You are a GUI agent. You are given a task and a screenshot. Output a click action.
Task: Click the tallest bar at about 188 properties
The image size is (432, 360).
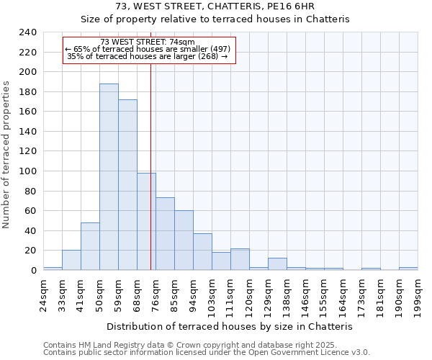point(109,177)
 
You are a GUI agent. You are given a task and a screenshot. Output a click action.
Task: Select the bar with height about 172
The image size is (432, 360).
point(127,185)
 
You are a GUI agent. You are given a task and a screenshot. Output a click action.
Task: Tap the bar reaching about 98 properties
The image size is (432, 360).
point(146,222)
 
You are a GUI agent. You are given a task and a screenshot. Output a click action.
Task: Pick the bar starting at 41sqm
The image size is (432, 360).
point(90,246)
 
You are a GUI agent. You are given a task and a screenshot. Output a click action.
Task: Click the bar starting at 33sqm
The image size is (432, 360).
point(71,261)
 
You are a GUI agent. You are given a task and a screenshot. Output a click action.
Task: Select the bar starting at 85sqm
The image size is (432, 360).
point(184,240)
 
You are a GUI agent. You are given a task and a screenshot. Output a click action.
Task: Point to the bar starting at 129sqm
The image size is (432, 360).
point(277,264)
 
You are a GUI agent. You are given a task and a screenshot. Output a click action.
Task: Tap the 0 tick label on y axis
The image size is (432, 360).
point(33,271)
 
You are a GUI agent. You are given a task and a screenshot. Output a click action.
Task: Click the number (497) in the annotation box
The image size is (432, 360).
point(216,49)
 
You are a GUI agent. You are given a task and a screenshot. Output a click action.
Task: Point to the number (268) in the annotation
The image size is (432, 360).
point(207,56)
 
